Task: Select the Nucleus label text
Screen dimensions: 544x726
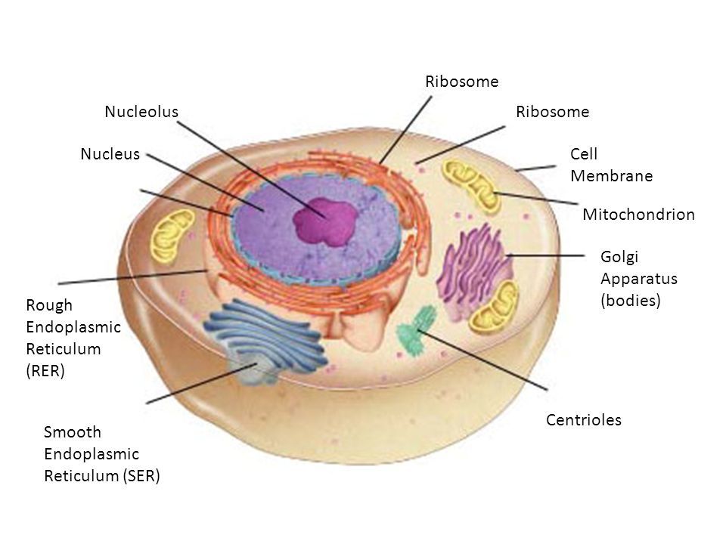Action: tap(110, 154)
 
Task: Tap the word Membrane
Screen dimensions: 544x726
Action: tap(611, 175)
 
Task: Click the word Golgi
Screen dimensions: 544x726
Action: tap(617, 257)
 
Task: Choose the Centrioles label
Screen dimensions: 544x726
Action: tap(583, 420)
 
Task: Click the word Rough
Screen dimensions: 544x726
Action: tap(49, 305)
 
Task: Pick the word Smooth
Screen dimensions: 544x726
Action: tap(73, 432)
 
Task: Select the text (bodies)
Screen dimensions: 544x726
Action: tap(630, 300)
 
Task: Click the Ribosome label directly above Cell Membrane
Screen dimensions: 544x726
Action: tap(551, 112)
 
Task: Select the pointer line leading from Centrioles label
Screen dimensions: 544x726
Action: tap(484, 359)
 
